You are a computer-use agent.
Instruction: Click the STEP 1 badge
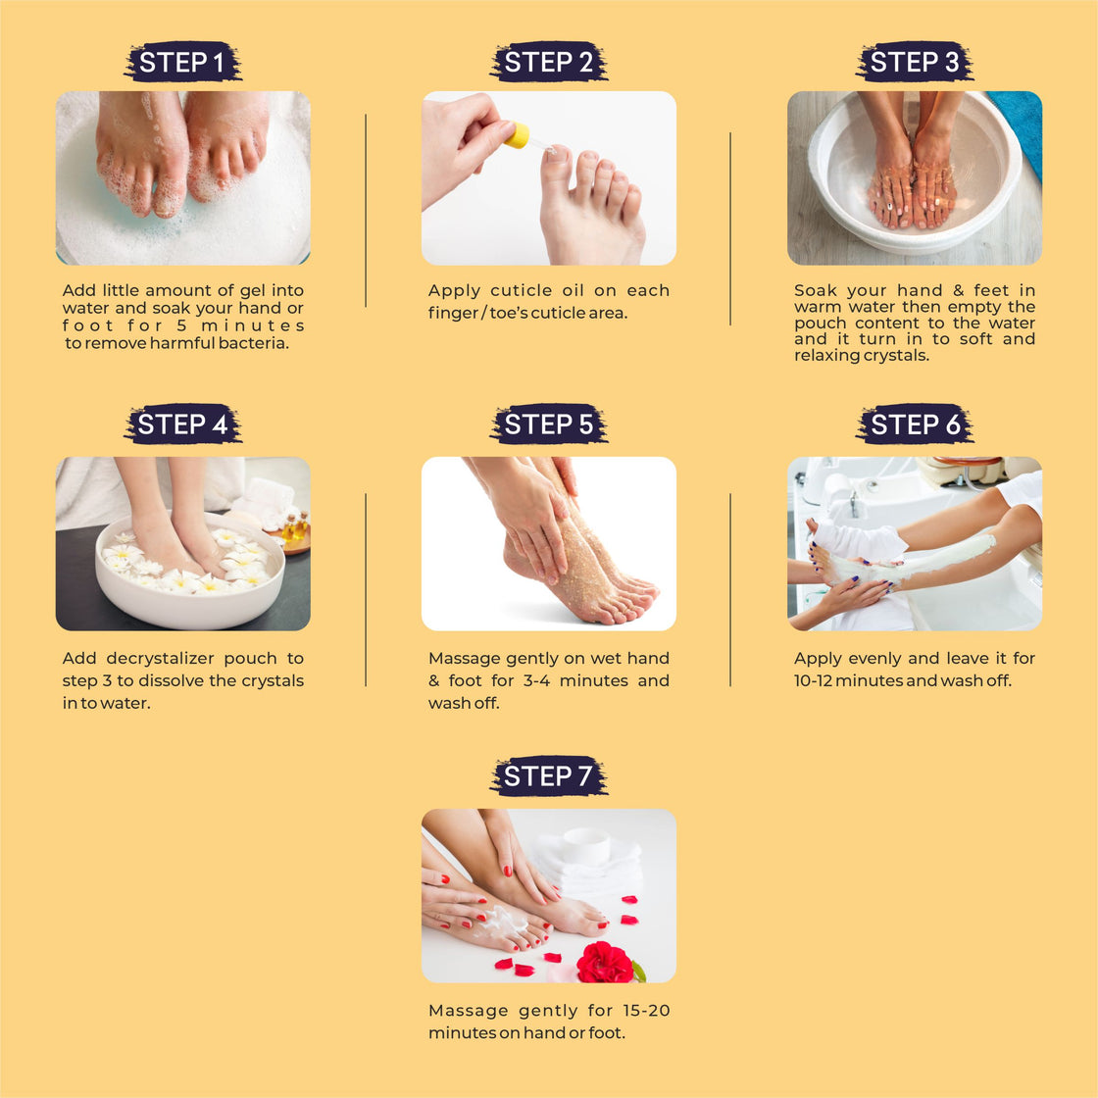[182, 62]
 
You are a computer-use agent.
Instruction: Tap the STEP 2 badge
[548, 62]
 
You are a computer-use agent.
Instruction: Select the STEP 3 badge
[914, 62]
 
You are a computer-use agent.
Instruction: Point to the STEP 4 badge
[182, 424]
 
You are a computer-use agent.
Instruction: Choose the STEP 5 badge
[548, 424]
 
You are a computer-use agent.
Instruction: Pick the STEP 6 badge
[914, 424]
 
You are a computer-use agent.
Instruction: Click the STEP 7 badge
[548, 775]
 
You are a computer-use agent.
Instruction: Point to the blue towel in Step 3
[1019, 129]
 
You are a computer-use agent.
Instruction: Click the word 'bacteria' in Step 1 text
[254, 343]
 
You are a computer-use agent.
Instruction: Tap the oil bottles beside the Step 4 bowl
[295, 526]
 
